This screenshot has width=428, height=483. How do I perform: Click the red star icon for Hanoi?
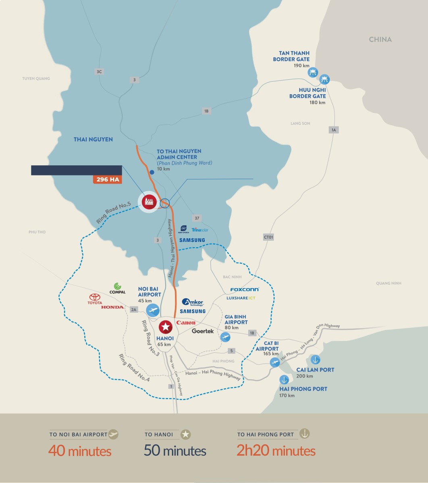click(x=165, y=326)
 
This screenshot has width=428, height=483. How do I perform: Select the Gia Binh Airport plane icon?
click(x=225, y=337)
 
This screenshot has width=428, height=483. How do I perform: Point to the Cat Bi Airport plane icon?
click(x=275, y=362)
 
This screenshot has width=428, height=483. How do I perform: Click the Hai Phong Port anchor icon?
click(x=284, y=380)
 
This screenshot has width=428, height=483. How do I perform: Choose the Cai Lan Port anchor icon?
click(x=316, y=360)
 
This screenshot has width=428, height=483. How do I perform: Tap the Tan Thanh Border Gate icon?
click(x=312, y=72)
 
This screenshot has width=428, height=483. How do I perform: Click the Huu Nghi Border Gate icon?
click(x=324, y=78)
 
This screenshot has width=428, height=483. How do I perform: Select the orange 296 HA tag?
click(x=108, y=180)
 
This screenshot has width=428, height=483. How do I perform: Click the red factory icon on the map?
click(x=149, y=201)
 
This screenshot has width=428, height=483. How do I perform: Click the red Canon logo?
click(x=186, y=323)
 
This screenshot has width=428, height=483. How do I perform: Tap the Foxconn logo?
click(x=244, y=289)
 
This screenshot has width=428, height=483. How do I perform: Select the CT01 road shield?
click(x=269, y=237)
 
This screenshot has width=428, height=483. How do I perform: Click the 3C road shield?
click(x=99, y=72)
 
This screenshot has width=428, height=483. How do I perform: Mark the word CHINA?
click(x=380, y=39)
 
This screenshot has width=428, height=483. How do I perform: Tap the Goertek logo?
click(x=203, y=331)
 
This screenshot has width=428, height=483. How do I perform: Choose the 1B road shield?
click(x=206, y=111)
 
